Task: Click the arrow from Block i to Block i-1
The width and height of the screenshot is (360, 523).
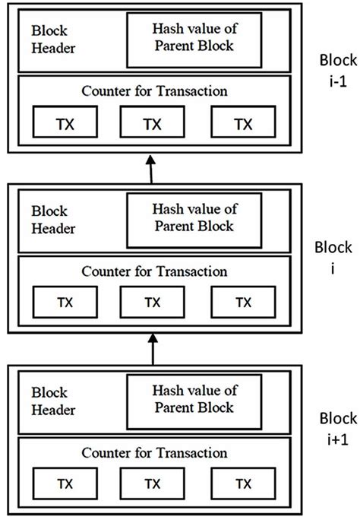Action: pos(151,169)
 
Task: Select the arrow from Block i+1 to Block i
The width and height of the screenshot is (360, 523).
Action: pos(153,349)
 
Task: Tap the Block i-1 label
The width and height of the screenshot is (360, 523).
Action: pos(338,71)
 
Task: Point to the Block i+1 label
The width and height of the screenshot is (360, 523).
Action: pos(338,429)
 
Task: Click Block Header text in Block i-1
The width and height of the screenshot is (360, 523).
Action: pos(53,40)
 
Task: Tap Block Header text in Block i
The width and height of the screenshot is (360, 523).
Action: pos(53,220)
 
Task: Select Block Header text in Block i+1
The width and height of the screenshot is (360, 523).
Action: pos(53,401)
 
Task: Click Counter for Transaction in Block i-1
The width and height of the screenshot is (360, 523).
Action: pos(154,90)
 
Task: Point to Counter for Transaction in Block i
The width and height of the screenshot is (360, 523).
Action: pos(154,271)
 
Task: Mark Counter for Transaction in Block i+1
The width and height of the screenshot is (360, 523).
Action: pos(154,452)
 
